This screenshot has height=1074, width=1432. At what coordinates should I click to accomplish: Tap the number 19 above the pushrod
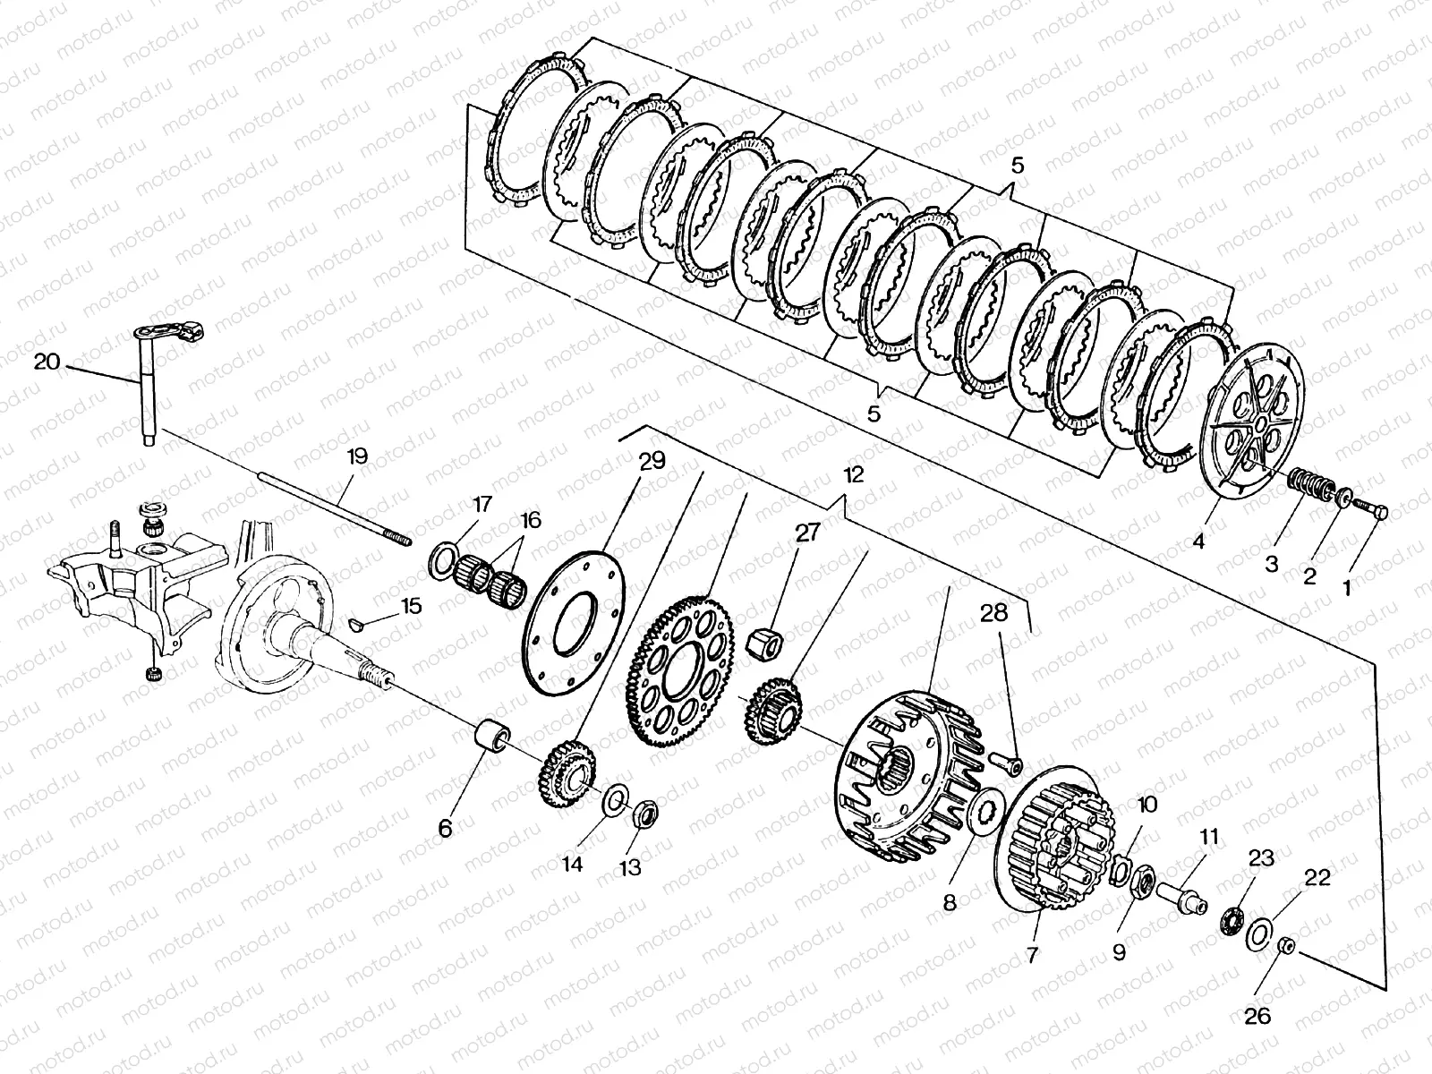[x=356, y=456]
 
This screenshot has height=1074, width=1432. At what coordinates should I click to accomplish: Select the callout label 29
[x=652, y=461]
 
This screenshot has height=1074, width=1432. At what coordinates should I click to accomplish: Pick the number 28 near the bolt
[x=993, y=614]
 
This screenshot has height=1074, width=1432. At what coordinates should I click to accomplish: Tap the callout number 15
[x=411, y=606]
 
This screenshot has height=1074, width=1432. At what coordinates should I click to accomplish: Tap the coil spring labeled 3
[x=1308, y=489]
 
